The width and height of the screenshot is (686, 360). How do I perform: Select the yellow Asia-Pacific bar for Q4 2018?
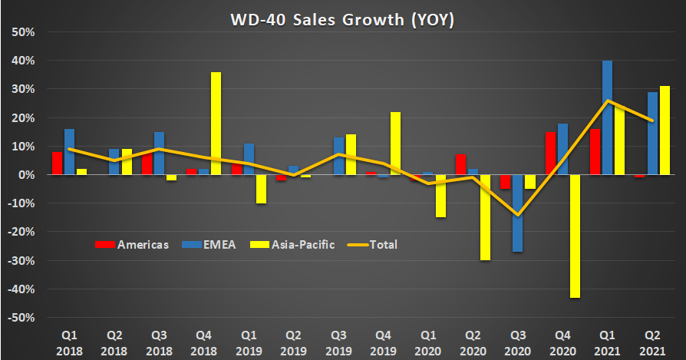pyautogui.click(x=216, y=123)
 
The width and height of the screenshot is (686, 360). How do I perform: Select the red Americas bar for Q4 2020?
pyautogui.click(x=549, y=153)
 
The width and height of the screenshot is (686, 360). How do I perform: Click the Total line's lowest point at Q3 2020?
pyautogui.click(x=519, y=215)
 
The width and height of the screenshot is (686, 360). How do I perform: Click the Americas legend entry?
pyautogui.click(x=131, y=245)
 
